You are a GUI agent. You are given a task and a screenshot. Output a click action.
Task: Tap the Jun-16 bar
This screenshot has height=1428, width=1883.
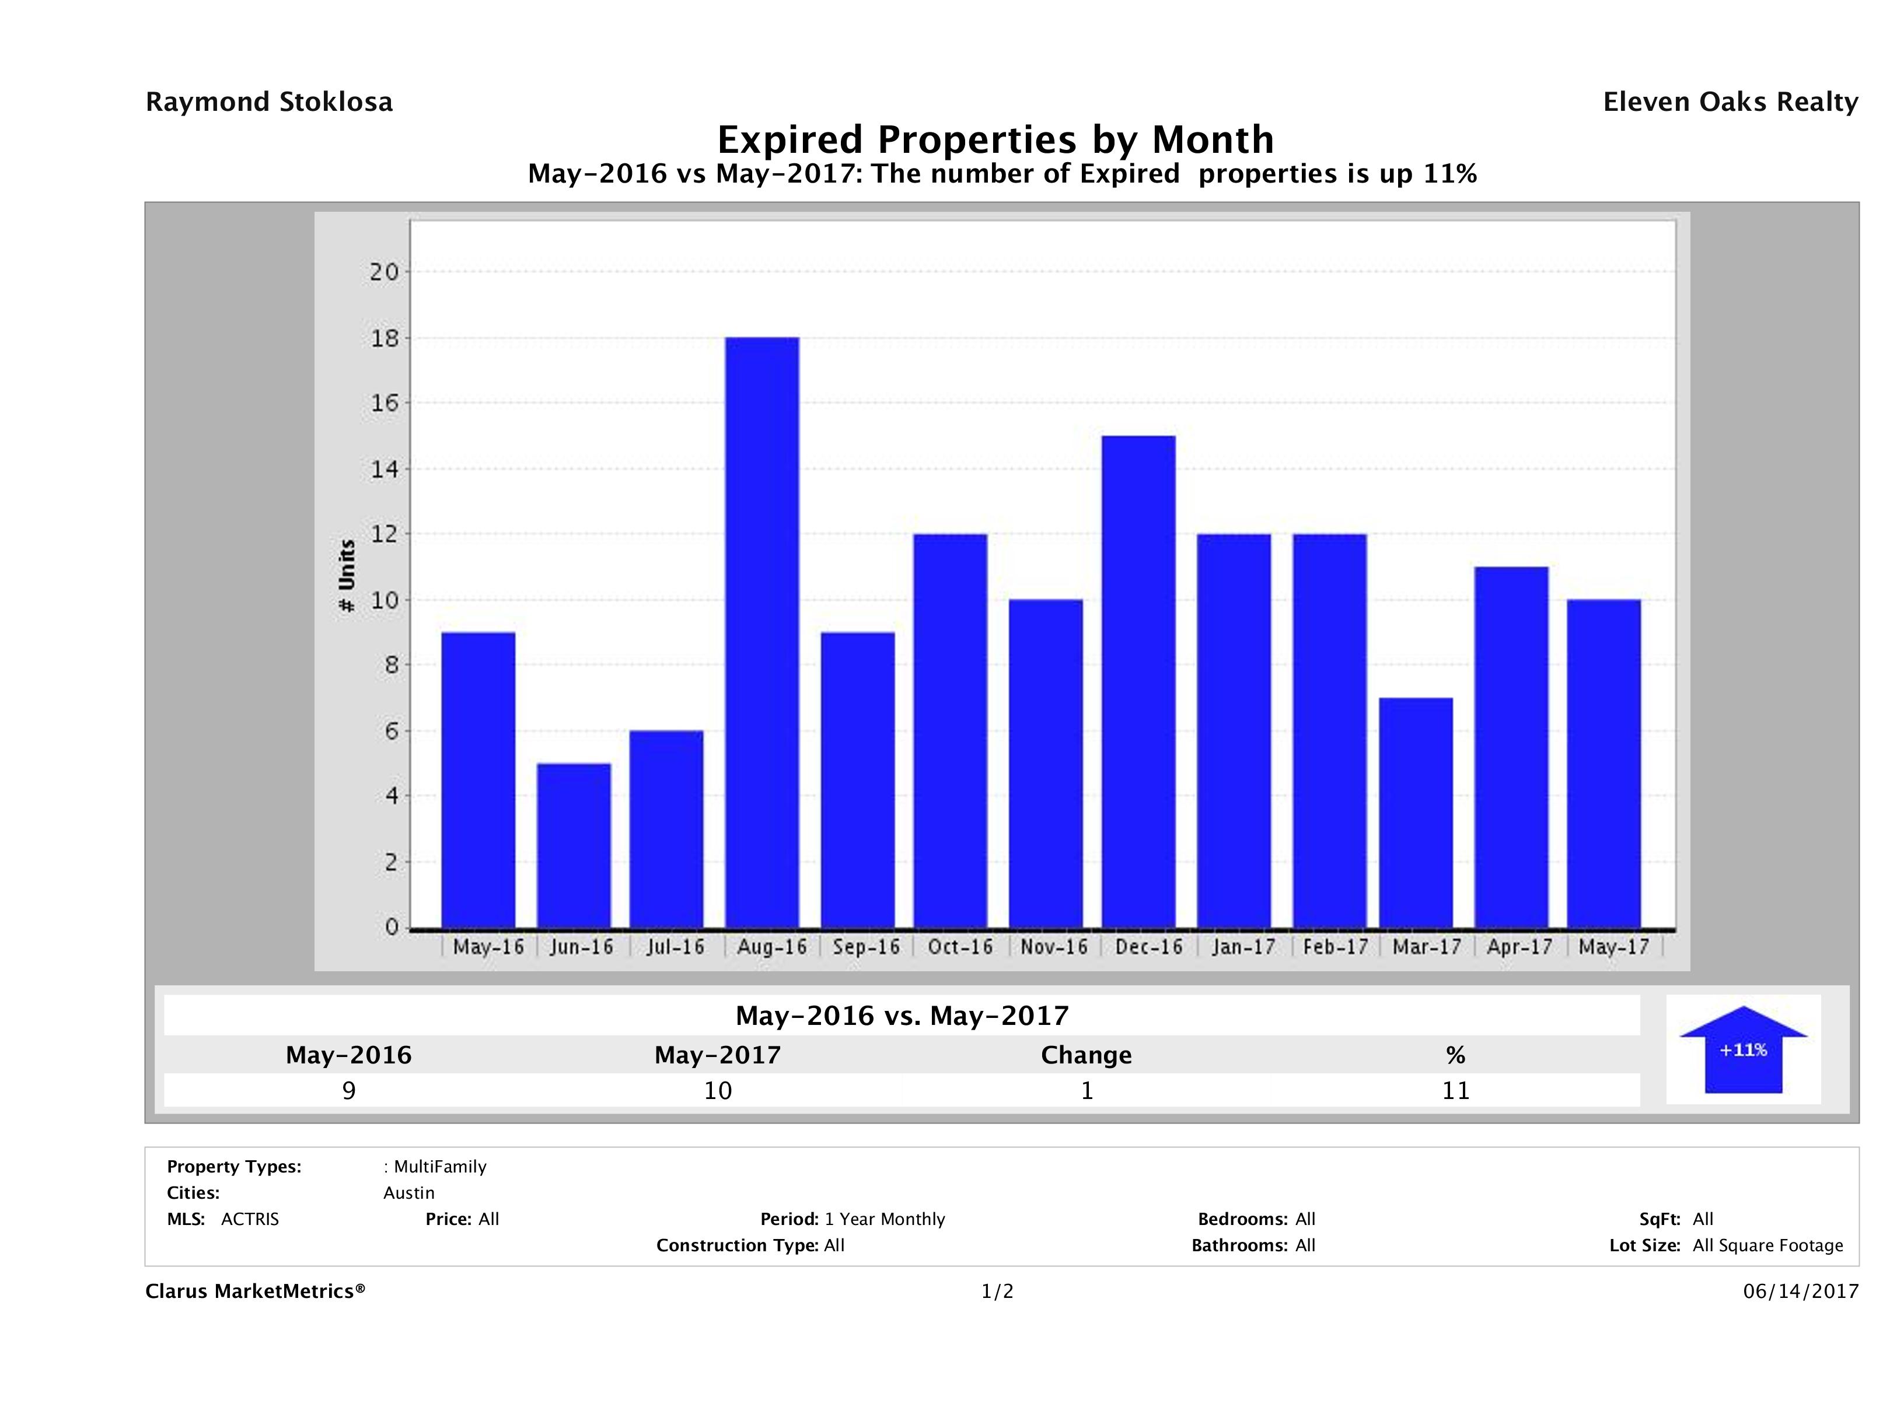coord(574,845)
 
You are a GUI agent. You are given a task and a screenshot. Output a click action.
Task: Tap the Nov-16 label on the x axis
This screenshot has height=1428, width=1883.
coord(1054,947)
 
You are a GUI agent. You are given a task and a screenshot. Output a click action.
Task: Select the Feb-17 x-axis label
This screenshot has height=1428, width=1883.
coord(1334,947)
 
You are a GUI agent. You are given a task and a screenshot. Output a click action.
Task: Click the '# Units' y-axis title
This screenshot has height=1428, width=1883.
coord(347,576)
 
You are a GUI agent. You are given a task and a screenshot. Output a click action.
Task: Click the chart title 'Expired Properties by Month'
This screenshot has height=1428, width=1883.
coord(995,139)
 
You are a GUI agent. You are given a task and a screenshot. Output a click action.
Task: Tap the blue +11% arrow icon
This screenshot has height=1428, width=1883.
coord(1742,1049)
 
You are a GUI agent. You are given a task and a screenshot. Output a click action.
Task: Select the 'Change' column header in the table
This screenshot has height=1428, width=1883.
coord(1087,1055)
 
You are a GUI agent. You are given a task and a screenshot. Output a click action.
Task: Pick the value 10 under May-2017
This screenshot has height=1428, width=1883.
coord(718,1091)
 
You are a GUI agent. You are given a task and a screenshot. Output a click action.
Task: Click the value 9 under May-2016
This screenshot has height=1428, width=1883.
coord(348,1091)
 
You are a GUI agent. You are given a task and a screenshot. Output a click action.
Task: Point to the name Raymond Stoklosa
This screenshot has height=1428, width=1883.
coord(269,102)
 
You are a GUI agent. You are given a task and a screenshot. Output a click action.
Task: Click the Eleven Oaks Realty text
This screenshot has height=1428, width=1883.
coord(1730,102)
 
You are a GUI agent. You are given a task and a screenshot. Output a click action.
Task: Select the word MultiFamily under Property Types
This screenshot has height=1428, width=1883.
coord(439,1167)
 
